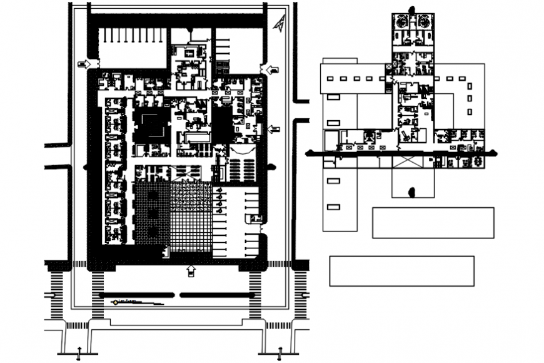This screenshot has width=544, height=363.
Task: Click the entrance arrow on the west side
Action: click(85, 64)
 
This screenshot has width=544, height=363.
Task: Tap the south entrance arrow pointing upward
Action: click(190, 270)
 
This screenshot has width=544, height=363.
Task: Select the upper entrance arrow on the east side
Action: click(271, 69)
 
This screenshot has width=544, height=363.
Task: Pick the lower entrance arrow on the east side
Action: click(273, 130)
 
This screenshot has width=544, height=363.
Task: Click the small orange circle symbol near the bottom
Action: click(115, 302)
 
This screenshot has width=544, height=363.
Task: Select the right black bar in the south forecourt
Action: click(213, 295)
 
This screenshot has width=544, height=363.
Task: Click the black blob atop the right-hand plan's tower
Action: click(412, 9)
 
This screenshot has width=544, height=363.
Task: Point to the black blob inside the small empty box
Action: click(411, 190)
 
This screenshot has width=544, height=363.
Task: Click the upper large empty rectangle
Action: click(433, 223)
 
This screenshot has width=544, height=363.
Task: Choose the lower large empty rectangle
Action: click(401, 271)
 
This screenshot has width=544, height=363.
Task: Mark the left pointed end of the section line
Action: click(306, 153)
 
